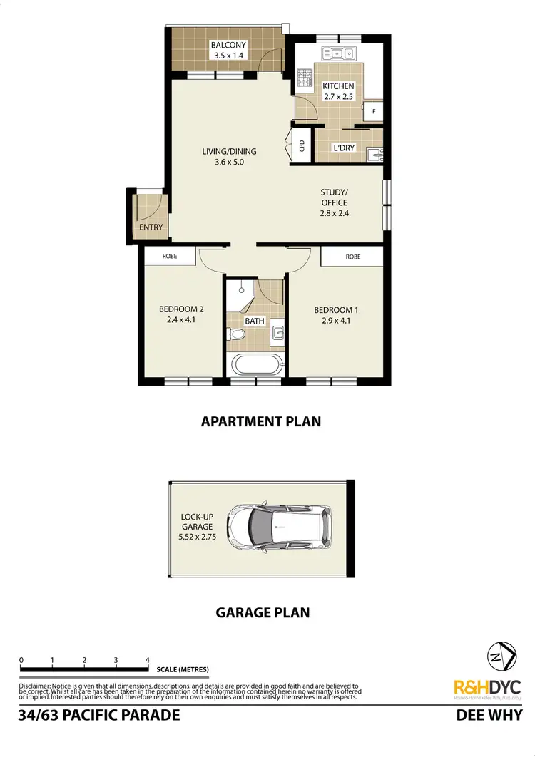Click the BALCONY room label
228,45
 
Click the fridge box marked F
372,112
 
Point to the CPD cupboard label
302,145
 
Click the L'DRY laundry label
344,148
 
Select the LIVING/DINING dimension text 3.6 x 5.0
228,163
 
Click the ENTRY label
151,227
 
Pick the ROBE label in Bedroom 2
170,256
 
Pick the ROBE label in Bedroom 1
352,257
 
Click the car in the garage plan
277,528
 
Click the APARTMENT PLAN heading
260,421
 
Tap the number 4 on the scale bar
147,660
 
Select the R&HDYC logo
487,687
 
